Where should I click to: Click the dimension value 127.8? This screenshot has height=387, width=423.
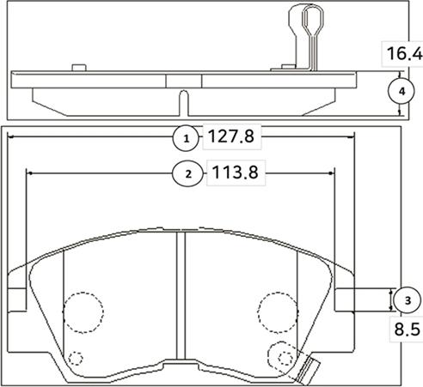[x=230, y=136]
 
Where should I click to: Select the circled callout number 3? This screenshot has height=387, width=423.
[x=405, y=299]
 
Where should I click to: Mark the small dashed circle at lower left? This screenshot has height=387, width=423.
[x=75, y=360]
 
